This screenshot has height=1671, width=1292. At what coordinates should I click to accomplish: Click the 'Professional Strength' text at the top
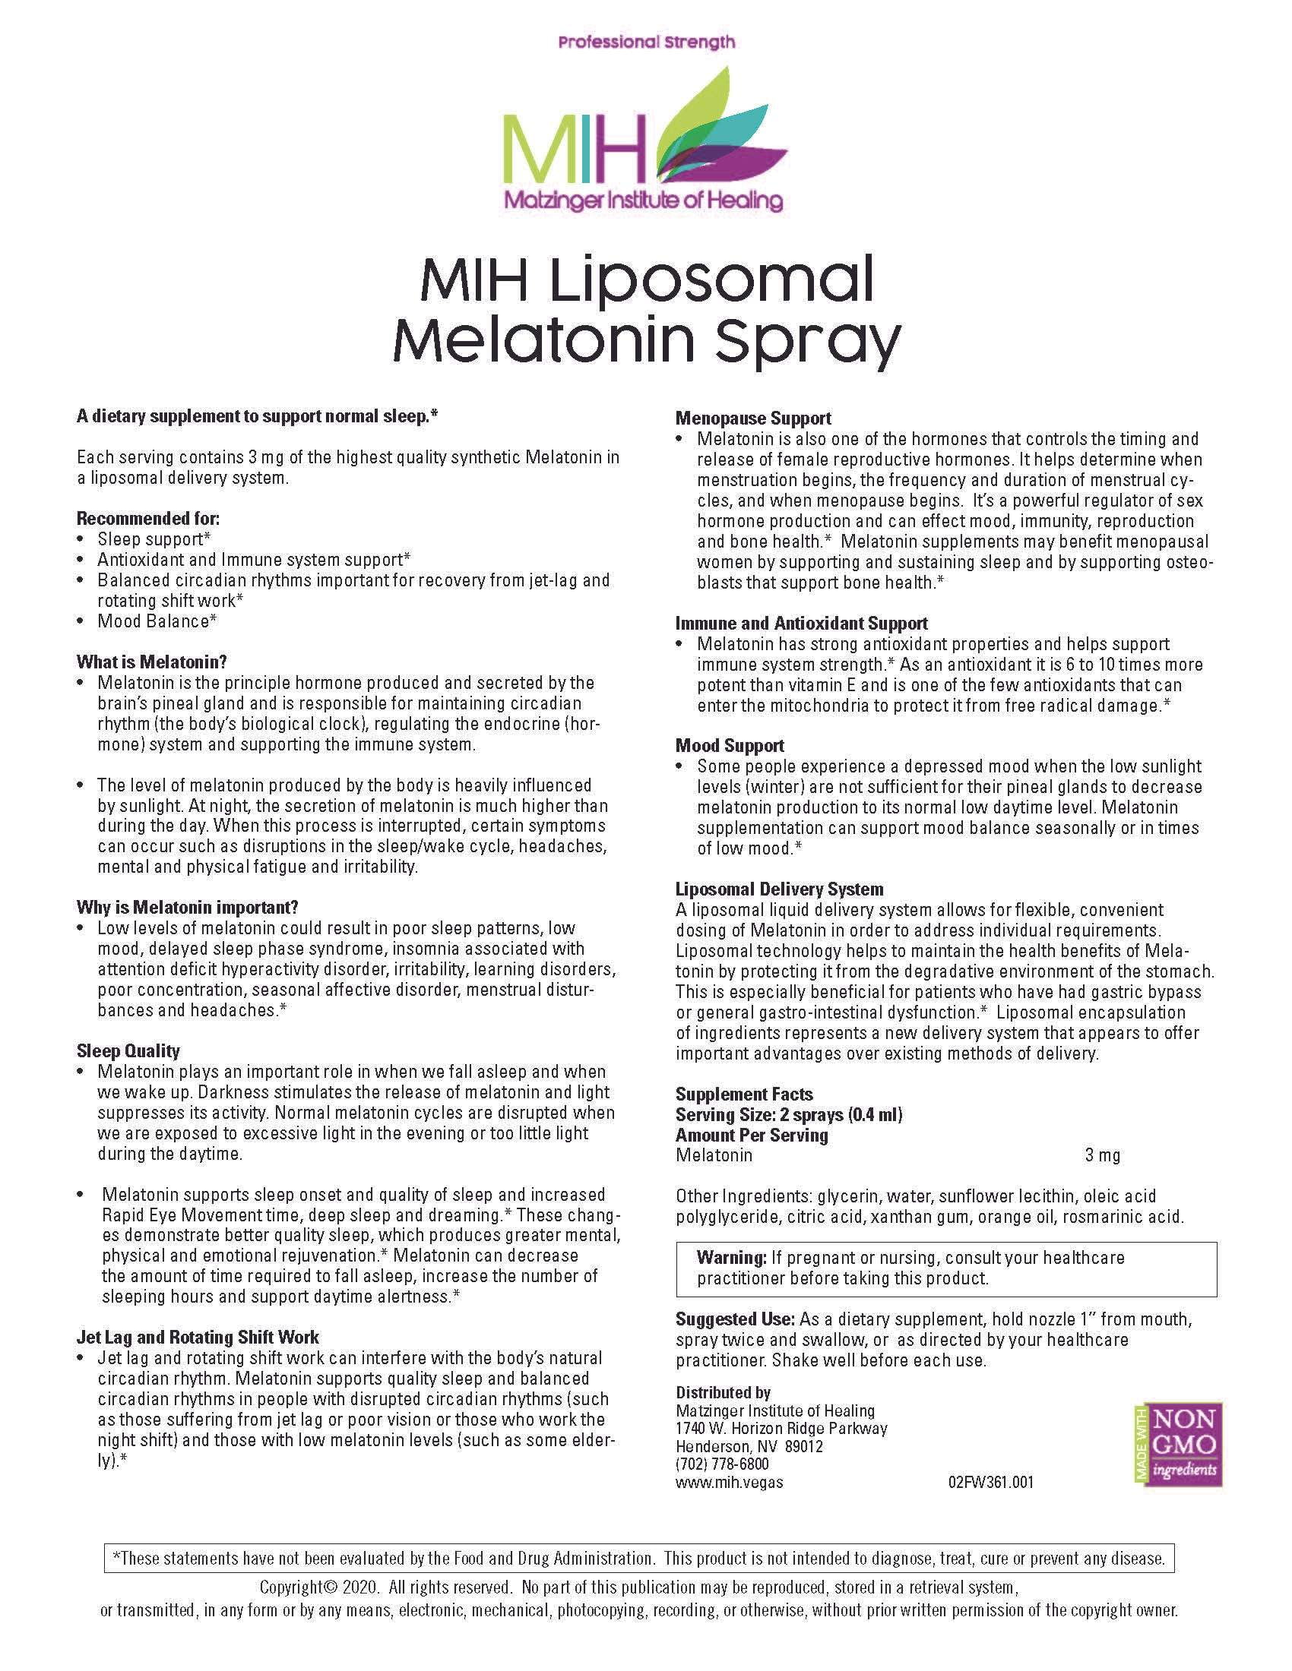click(646, 43)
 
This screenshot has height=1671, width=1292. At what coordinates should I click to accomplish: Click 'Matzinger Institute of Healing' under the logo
click(642, 201)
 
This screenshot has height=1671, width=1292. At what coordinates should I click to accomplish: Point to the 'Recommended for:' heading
click(147, 518)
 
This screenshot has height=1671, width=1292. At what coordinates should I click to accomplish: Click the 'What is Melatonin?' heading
click(151, 662)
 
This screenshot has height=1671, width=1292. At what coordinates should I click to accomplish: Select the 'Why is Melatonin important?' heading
click(187, 908)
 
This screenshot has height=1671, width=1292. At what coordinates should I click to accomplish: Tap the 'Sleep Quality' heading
click(128, 1051)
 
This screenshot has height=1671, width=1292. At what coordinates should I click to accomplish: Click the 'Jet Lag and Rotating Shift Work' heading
click(198, 1338)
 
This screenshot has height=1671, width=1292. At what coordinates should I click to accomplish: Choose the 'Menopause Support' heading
click(753, 419)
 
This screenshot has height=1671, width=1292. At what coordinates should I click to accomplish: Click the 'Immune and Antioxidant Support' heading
click(801, 624)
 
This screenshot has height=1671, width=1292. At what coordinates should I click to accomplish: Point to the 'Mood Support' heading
click(730, 746)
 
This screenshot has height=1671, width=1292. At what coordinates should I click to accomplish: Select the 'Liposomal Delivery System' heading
click(779, 889)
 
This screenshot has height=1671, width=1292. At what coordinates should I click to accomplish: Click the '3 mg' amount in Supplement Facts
click(1102, 1156)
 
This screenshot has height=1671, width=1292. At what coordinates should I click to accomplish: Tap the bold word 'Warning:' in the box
click(731, 1258)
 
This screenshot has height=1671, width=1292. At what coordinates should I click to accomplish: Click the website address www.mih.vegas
click(729, 1482)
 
